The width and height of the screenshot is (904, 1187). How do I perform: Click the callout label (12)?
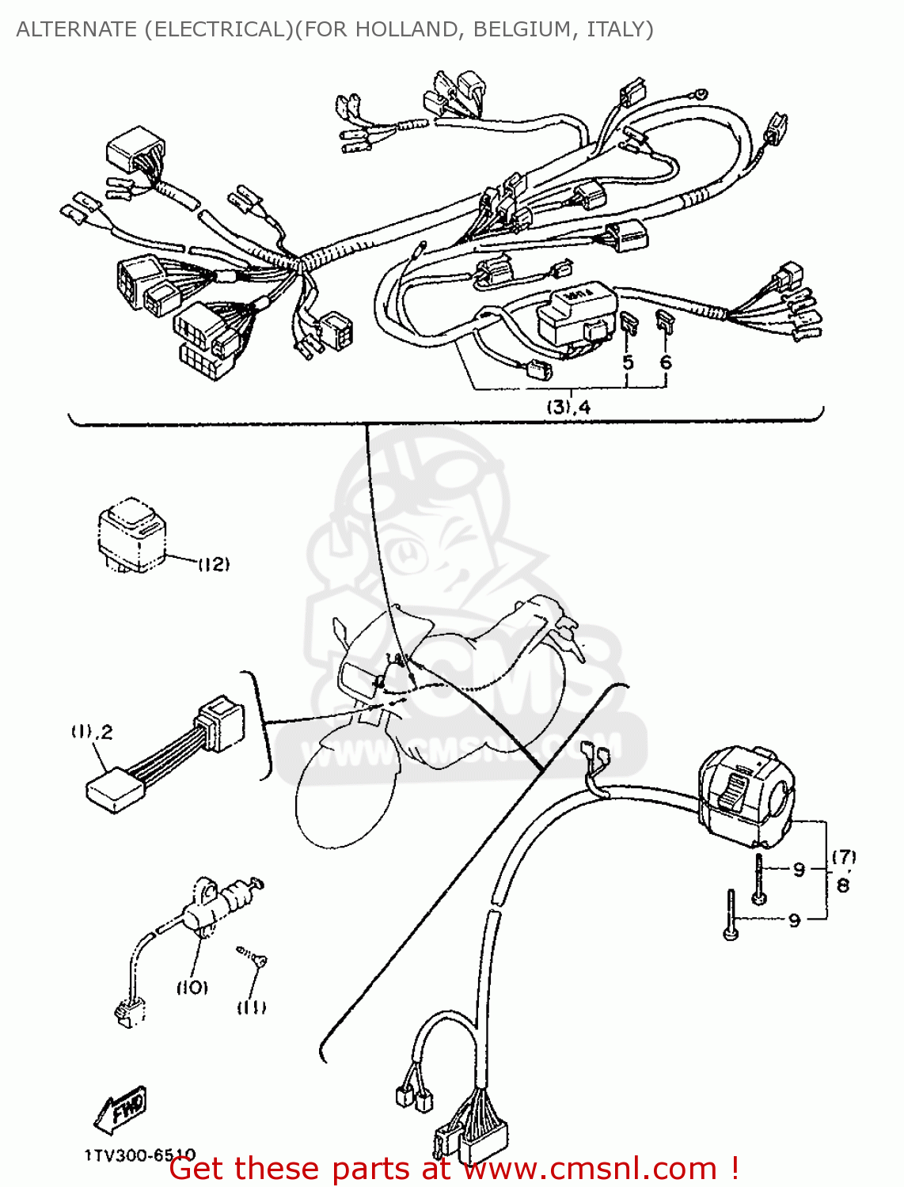click(213, 564)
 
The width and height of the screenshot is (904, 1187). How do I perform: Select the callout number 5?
click(628, 362)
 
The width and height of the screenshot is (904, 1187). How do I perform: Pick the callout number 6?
click(666, 362)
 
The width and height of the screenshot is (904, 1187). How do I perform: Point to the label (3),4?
click(568, 408)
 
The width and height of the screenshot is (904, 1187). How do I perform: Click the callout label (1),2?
click(92, 732)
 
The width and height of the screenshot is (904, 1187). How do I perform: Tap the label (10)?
click(192, 987)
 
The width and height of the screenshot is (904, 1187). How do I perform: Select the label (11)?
click(251, 1007)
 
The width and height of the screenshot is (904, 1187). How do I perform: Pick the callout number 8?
click(843, 886)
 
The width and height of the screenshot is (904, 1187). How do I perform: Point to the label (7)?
click(844, 857)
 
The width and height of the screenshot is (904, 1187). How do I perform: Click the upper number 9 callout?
click(799, 870)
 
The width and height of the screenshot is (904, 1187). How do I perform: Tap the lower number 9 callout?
click(794, 920)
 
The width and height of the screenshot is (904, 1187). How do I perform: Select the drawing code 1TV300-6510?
click(139, 1155)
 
